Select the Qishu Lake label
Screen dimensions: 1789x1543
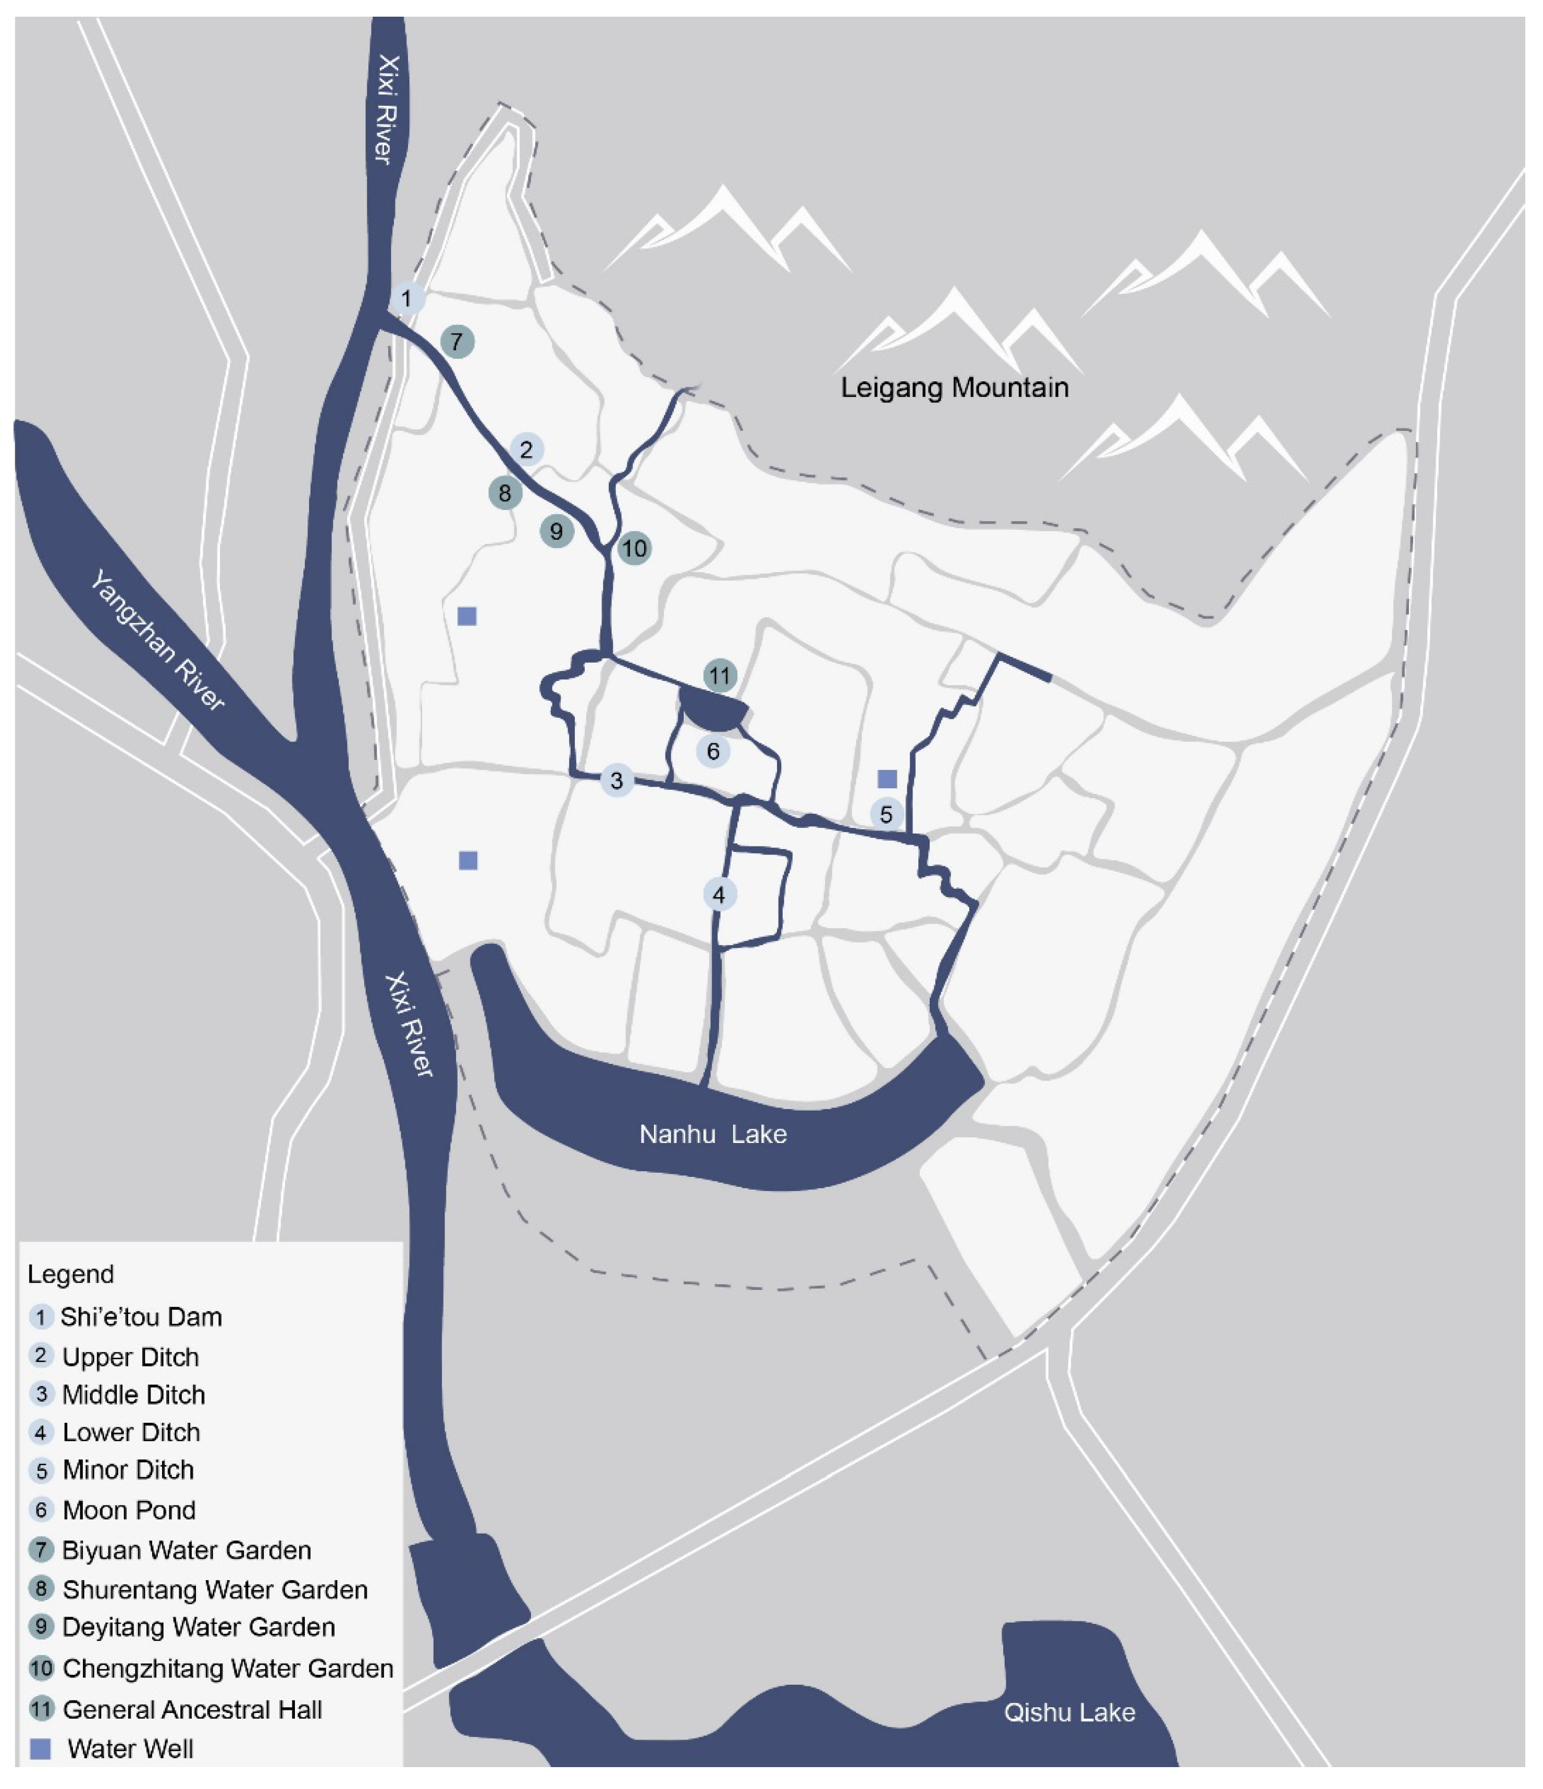[x=1068, y=1712]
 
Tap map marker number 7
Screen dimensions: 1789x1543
[x=457, y=342]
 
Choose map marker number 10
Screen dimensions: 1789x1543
[x=634, y=548]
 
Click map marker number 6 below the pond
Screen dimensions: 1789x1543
[x=713, y=751]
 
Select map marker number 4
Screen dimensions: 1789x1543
[x=719, y=894]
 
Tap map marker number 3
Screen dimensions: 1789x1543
[x=616, y=780]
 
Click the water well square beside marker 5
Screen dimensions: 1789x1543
[x=887, y=779]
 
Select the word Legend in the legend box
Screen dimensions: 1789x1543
[x=71, y=1274]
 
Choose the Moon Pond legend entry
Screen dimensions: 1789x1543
[x=129, y=1510]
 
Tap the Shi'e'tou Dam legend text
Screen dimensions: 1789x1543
[x=141, y=1316]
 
